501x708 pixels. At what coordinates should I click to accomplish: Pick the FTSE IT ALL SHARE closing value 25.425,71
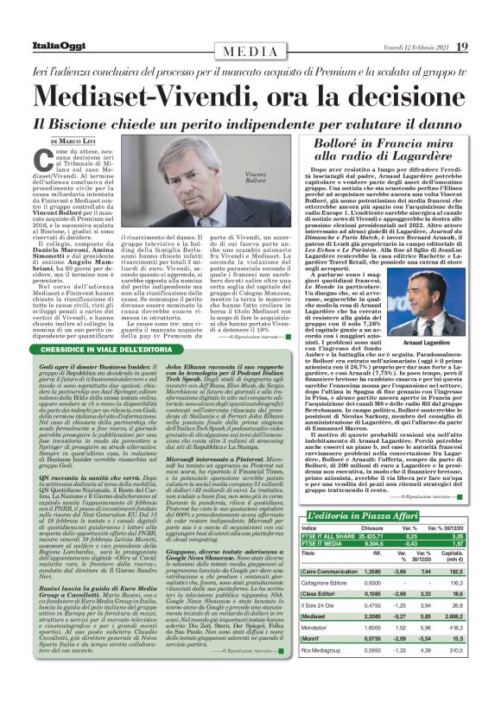(375, 535)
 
